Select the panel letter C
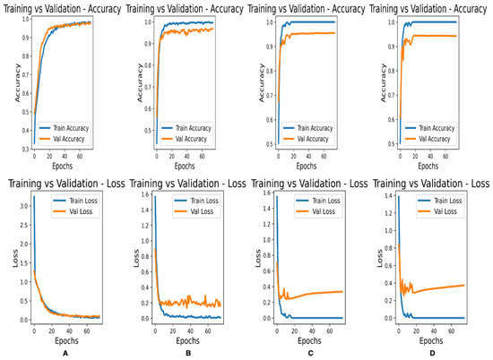click(x=309, y=352)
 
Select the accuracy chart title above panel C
click(x=309, y=7)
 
